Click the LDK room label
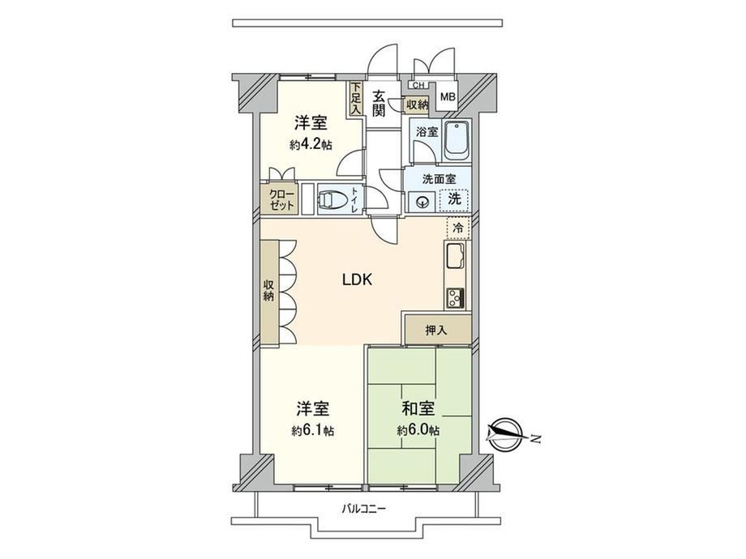click(x=358, y=279)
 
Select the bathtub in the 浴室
click(x=457, y=140)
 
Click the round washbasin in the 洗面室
click(x=422, y=203)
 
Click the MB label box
click(x=448, y=97)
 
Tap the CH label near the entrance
click(x=418, y=86)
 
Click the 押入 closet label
click(x=436, y=331)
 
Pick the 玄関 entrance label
click(x=379, y=103)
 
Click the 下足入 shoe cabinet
click(x=356, y=98)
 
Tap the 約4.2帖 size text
click(x=311, y=144)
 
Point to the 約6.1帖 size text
click(x=312, y=431)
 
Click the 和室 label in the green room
click(x=418, y=408)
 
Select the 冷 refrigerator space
click(x=458, y=228)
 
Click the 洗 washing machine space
click(x=455, y=199)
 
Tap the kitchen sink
click(x=456, y=257)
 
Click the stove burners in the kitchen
click(x=456, y=298)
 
